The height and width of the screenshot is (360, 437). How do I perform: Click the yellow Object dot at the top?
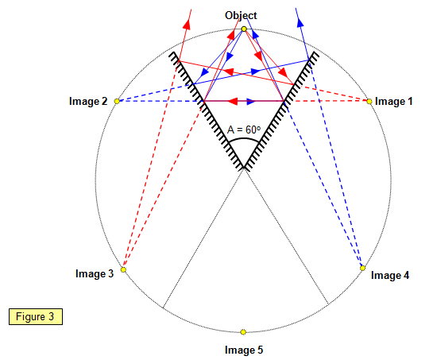tap(244, 29)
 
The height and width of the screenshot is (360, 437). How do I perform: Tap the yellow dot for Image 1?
tap(369, 101)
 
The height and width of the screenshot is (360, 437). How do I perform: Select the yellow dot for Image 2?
tap(117, 101)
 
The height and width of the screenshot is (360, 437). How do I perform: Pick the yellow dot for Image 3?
tap(123, 269)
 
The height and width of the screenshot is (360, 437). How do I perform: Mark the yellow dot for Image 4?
tap(362, 268)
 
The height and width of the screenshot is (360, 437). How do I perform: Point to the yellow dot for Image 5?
tap(243, 332)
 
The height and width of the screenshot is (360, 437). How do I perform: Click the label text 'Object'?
tap(241, 16)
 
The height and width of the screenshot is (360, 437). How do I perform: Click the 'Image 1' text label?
tap(394, 101)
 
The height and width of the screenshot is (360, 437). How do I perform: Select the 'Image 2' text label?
tap(88, 101)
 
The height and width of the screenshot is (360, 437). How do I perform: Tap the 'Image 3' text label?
tap(95, 273)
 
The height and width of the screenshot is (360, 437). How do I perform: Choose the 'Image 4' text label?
tap(390, 275)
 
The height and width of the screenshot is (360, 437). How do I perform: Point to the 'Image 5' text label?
tap(244, 350)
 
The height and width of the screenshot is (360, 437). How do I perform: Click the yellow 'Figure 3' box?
tap(36, 316)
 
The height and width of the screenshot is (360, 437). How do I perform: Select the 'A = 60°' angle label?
tap(244, 130)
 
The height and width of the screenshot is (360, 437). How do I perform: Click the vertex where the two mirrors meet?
tap(244, 168)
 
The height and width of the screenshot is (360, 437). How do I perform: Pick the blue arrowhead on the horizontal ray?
tap(251, 101)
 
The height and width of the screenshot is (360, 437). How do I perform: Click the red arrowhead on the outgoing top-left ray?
tap(187, 25)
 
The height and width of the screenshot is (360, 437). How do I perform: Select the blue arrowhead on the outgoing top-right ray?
tap(300, 22)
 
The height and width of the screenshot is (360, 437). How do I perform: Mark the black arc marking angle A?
tap(244, 138)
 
